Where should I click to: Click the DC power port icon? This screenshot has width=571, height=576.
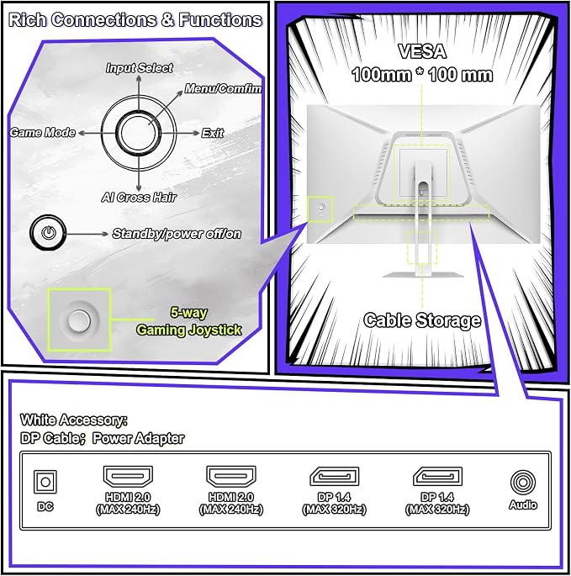(45, 482)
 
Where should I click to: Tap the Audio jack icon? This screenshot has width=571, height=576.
(523, 483)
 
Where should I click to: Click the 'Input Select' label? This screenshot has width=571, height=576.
(140, 68)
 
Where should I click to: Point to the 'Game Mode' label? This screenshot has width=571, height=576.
(42, 132)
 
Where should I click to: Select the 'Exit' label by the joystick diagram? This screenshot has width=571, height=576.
(213, 133)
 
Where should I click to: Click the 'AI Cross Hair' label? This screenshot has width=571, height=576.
(139, 198)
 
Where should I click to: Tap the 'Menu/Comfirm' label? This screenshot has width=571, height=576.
(223, 88)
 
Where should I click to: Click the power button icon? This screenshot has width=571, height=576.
(48, 233)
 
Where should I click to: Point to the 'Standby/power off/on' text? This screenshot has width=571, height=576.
(177, 234)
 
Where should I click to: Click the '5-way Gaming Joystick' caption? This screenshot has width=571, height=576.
(189, 321)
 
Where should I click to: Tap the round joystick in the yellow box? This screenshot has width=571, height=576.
(79, 320)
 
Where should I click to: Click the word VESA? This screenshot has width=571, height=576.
(422, 51)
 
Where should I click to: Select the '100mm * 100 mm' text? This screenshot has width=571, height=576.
(422, 75)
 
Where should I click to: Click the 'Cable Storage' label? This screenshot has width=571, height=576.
(422, 320)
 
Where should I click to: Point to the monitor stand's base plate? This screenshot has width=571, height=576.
(423, 275)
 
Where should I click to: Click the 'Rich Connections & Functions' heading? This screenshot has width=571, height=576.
(135, 20)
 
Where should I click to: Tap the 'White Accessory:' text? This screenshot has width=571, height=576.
(74, 420)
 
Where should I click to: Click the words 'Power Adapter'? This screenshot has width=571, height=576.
(138, 438)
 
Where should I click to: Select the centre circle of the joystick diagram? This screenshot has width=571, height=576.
(139, 133)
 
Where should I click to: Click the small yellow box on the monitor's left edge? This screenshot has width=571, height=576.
(320, 209)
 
